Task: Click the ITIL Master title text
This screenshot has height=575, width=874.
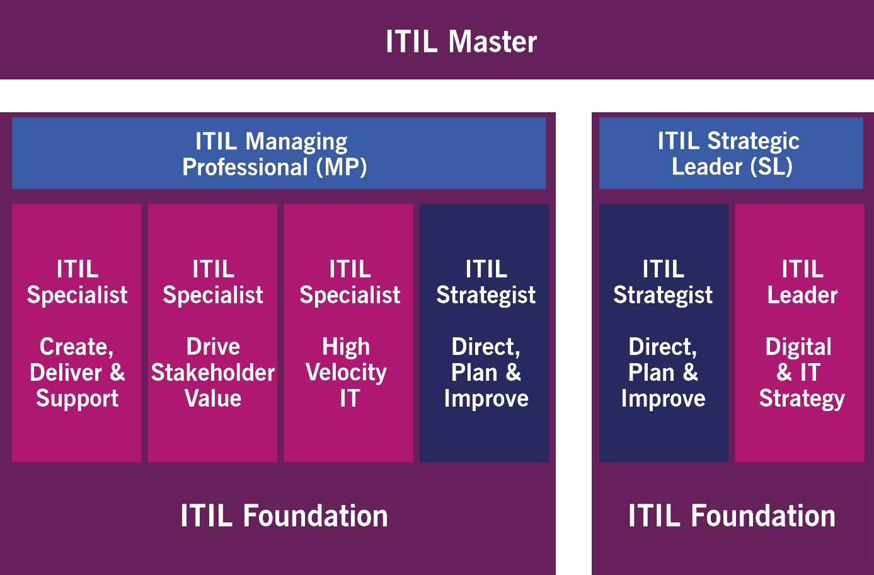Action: [x=461, y=42]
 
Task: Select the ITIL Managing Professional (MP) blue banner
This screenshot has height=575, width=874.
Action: [x=279, y=153]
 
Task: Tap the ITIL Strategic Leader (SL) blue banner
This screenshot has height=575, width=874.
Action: [x=731, y=153]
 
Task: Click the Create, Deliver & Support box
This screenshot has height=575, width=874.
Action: [x=77, y=333]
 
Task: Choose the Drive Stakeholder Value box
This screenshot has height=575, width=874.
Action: [x=212, y=333]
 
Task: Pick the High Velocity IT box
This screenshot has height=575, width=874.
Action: [x=348, y=333]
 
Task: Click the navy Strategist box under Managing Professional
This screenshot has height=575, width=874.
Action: [x=484, y=333]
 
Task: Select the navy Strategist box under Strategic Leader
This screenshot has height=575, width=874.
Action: [x=664, y=333]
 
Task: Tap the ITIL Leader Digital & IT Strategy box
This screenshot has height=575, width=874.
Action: [x=800, y=333]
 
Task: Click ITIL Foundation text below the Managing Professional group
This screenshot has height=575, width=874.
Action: [x=284, y=516]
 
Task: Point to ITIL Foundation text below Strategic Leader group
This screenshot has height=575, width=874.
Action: [x=732, y=516]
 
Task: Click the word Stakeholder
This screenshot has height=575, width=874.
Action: [x=213, y=373]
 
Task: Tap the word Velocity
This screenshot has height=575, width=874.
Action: [x=346, y=373]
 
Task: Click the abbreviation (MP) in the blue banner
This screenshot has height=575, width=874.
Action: [x=342, y=168]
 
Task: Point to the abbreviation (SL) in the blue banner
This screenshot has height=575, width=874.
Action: [x=771, y=167]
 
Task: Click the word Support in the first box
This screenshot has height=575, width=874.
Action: [x=78, y=399]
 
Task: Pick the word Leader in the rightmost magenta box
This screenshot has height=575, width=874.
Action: [x=802, y=294]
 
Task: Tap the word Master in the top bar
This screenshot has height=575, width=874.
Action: [x=493, y=42]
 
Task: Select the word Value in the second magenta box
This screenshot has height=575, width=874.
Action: [x=213, y=398]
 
